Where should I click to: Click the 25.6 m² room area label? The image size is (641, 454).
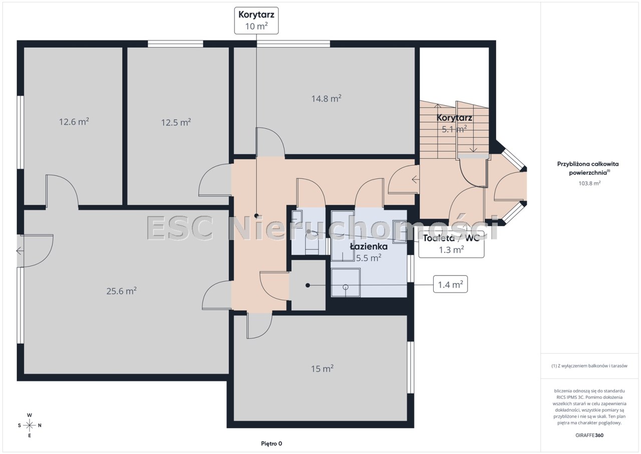[x=121, y=291]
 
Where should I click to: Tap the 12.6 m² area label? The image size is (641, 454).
[x=74, y=122]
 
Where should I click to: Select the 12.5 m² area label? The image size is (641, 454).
[x=176, y=122]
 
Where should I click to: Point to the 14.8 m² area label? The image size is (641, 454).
[x=326, y=99]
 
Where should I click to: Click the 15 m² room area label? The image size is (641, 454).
[x=322, y=369]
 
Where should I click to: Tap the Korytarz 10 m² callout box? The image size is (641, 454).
[x=256, y=21]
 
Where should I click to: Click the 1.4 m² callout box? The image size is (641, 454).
[x=450, y=284]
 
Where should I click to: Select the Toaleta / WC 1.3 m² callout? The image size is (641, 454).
[x=451, y=244]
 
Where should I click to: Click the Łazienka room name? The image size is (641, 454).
[x=369, y=247]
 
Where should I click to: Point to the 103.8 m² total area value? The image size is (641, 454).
[x=589, y=183]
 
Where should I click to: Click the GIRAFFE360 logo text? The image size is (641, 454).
[x=589, y=435]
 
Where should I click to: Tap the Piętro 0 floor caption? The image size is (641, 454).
[x=271, y=443]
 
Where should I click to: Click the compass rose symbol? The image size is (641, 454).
[x=30, y=425]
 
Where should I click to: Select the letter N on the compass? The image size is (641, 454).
[x=40, y=425]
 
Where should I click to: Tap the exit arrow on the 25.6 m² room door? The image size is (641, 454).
[x=20, y=252]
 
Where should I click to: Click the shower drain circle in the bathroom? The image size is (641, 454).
[x=346, y=287]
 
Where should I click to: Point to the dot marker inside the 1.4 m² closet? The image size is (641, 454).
[x=307, y=286]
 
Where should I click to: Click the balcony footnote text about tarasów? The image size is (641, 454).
[x=589, y=366]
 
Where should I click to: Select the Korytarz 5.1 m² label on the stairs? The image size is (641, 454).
[x=454, y=123]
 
